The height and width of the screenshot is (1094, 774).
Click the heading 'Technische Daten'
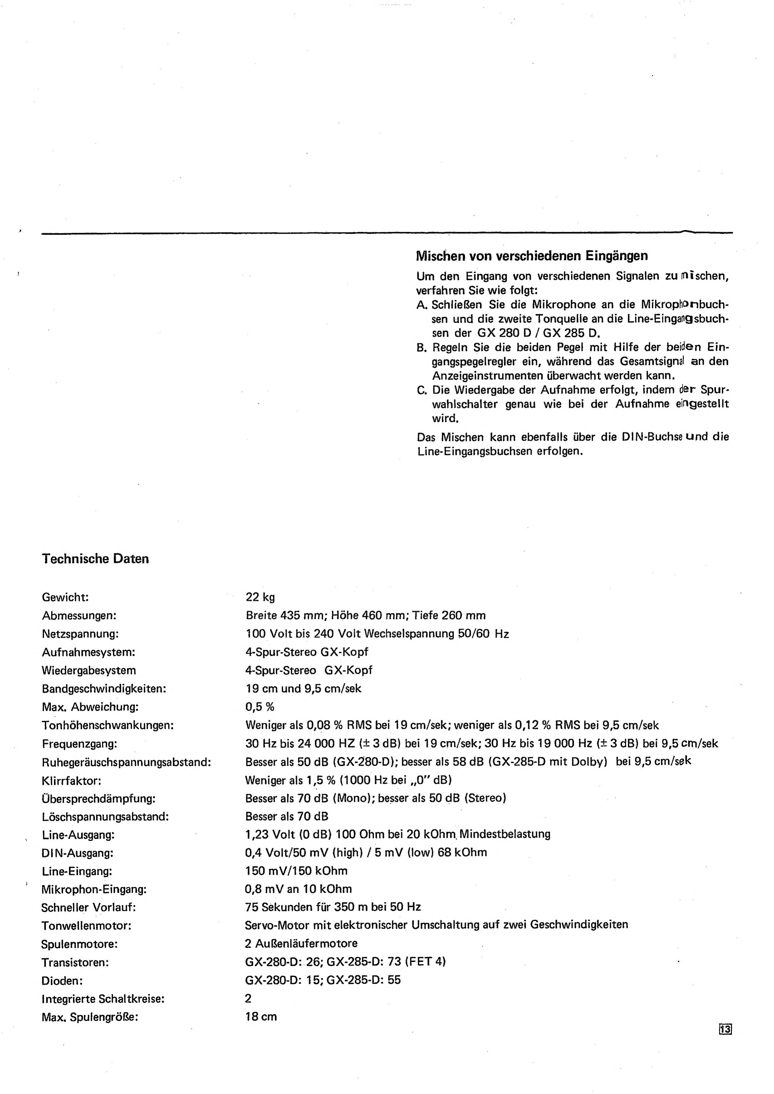(95, 559)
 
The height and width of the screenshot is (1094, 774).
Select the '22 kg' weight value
(260, 597)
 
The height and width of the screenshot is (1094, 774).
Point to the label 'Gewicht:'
(65, 597)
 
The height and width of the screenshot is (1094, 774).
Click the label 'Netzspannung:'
(80, 634)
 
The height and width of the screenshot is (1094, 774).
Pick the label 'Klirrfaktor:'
(71, 781)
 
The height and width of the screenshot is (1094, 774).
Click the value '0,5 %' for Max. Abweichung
(260, 707)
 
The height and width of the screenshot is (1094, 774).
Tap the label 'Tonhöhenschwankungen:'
(108, 725)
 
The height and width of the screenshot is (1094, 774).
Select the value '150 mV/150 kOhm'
(296, 871)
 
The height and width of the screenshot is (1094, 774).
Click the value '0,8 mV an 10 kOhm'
(298, 889)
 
